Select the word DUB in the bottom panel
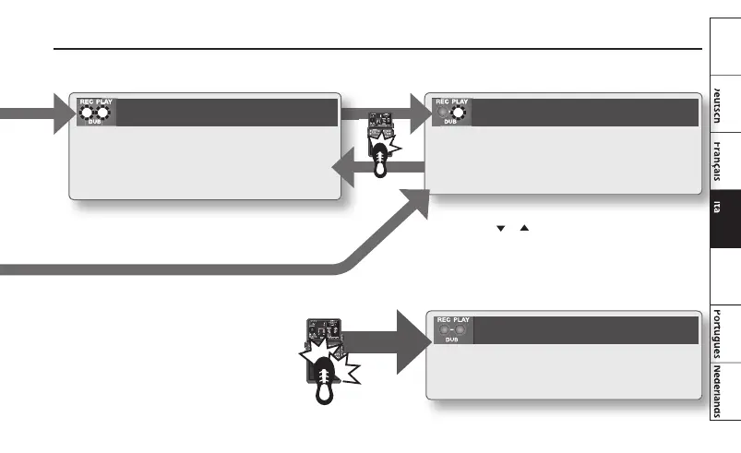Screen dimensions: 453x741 (x=450, y=339)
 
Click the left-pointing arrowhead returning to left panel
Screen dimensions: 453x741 (x=343, y=171)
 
